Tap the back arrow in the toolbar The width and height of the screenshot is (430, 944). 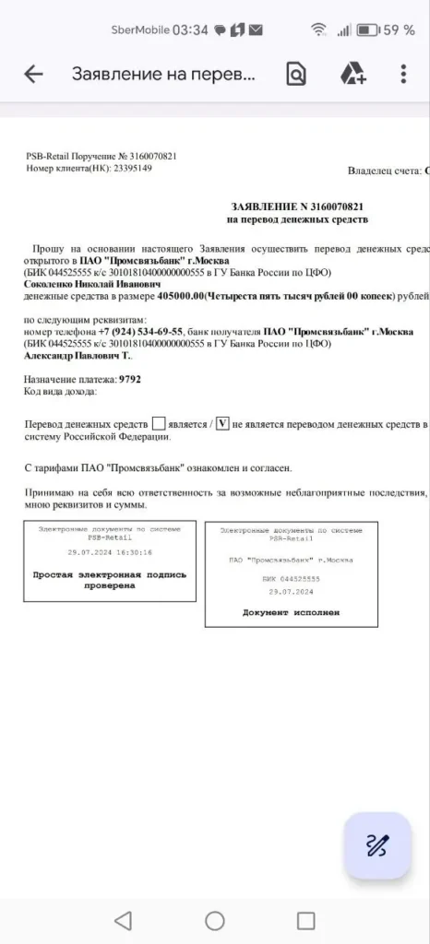[33, 75]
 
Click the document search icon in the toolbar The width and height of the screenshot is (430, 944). [295, 75]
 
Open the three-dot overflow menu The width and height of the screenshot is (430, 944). [403, 75]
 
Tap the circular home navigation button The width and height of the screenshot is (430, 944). [215, 920]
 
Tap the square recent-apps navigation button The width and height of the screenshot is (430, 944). [305, 920]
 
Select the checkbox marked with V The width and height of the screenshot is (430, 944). [221, 423]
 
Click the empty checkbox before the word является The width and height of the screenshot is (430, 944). [159, 423]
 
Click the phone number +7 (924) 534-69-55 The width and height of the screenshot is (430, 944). [143, 331]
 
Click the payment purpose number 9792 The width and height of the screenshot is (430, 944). [130, 379]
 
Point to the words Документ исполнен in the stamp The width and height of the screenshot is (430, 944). [292, 612]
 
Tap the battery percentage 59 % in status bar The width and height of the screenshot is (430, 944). [399, 29]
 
